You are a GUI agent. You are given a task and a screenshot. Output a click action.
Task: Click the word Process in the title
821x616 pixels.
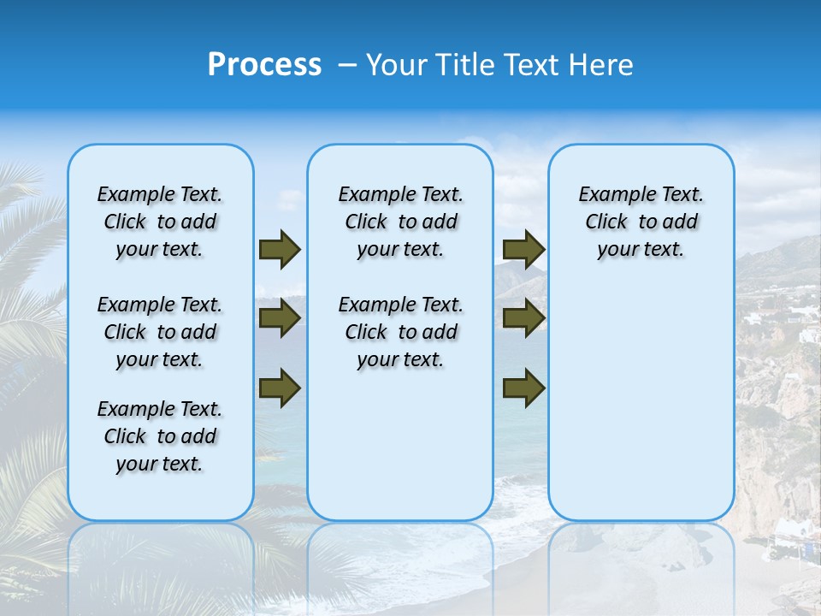point(264,65)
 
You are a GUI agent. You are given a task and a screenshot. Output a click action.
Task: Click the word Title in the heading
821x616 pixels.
point(464,65)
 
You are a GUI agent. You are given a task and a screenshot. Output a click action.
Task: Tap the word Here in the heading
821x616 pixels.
point(603,65)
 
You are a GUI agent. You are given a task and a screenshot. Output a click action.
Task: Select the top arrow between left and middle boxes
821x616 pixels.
point(280,249)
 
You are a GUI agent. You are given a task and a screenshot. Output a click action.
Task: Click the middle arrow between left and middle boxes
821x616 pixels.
point(280,318)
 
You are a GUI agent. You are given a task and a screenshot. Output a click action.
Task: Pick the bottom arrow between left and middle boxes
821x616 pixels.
point(280,388)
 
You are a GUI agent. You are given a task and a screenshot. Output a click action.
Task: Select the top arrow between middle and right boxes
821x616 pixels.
point(523,249)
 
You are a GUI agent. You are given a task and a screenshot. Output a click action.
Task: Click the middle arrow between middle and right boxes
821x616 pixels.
point(523,318)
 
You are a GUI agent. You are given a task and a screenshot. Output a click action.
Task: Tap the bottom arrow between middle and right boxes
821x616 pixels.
point(523,388)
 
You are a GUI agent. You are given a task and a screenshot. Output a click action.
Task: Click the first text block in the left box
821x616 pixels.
point(160,222)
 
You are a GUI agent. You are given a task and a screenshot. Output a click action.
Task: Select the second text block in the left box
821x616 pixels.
point(160,332)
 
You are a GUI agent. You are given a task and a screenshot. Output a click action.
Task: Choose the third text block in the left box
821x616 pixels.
point(160,436)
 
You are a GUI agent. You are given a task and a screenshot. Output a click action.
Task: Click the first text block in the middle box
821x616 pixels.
point(400,222)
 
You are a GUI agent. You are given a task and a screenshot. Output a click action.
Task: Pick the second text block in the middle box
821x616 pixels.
point(400,332)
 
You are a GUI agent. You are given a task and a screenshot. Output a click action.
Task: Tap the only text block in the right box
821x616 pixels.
point(641,222)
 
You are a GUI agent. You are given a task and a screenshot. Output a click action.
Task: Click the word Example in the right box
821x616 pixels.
point(610,195)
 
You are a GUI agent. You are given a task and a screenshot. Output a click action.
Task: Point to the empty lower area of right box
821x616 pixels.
point(641,402)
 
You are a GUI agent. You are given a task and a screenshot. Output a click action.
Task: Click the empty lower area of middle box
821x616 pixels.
point(400,445)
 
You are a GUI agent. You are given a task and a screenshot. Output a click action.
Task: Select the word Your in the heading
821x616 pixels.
point(396,65)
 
